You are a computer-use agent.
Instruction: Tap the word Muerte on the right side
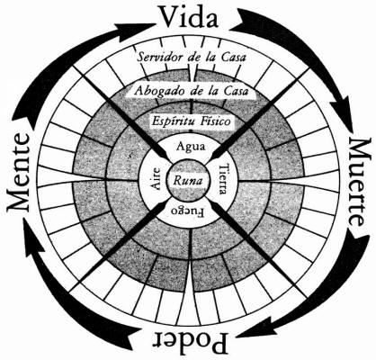point(359,183)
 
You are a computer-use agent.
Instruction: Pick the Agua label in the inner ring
point(191,147)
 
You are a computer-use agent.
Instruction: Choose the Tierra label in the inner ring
point(224,179)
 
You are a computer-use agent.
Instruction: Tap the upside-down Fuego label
point(187,211)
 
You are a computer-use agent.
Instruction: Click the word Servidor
point(160,57)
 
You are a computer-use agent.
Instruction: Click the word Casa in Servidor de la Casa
point(233,57)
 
